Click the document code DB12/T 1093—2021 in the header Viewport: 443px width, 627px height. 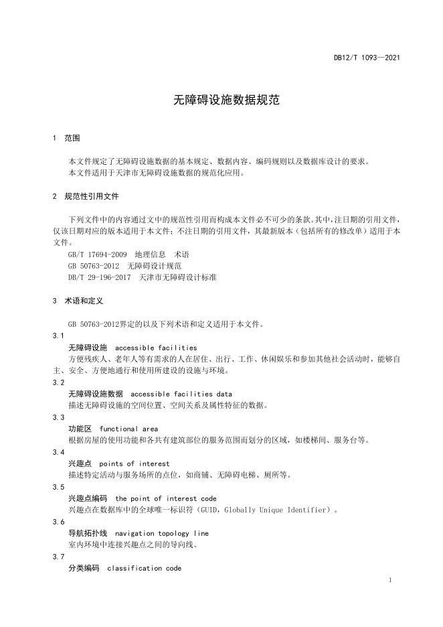367,58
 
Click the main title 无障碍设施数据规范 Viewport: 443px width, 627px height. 221,100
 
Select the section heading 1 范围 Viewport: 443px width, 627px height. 66,138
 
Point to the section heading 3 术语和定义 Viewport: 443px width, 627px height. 78,301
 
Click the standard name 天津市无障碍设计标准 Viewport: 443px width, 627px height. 177,276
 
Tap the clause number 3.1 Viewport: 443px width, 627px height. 58,336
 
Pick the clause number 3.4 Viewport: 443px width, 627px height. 58,452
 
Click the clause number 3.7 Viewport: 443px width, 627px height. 58,557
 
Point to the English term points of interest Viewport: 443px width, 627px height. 135,464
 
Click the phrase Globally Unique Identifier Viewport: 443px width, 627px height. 270,510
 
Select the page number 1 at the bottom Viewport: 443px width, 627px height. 389,580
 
